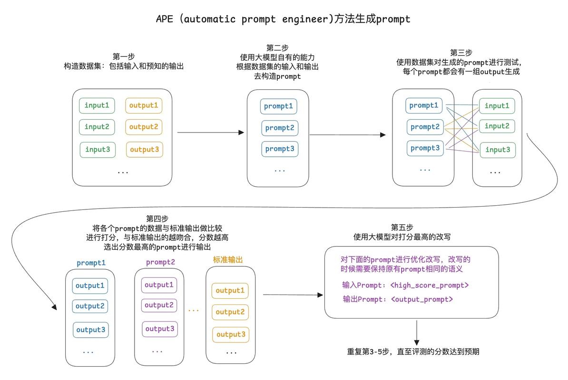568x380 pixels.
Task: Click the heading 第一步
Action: click(124, 57)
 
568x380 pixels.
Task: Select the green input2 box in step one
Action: click(97, 127)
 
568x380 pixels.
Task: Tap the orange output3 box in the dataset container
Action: click(144, 150)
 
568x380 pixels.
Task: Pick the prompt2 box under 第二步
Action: click(279, 128)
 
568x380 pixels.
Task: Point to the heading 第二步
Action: click(277, 47)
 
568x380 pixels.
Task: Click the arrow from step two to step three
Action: click(347, 135)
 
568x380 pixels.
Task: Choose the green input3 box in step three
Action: click(497, 150)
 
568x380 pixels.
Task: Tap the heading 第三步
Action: click(461, 52)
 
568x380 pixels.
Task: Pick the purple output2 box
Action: click(159, 305)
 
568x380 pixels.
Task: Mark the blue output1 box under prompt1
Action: click(90, 286)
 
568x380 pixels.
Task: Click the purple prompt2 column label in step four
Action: click(160, 262)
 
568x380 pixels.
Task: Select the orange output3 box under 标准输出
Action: click(230, 334)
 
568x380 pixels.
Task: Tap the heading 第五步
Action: click(401, 227)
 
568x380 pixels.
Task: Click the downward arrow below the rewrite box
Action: click(417, 332)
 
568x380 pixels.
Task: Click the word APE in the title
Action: click(166, 19)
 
